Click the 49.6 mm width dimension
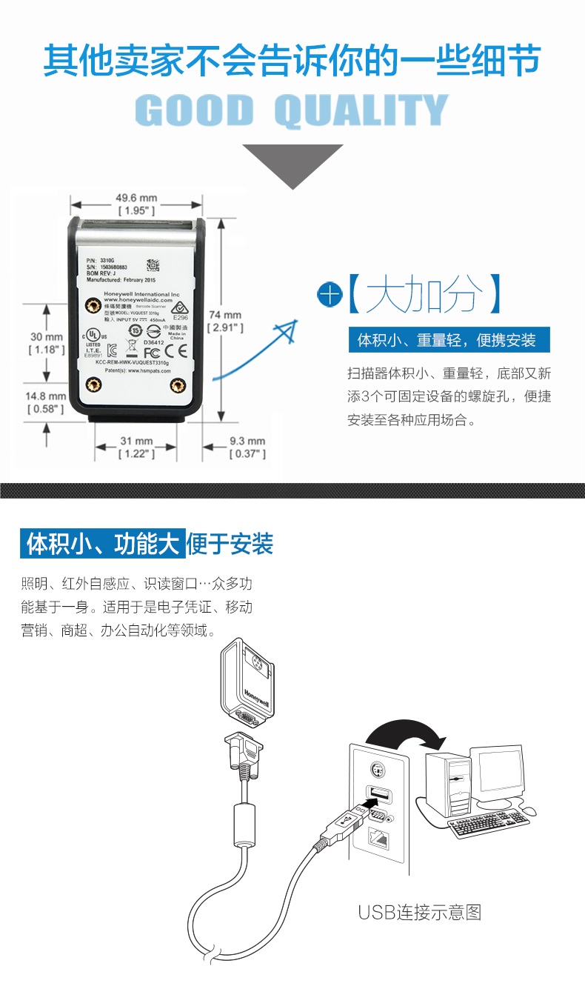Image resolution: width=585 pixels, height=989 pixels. [x=136, y=204]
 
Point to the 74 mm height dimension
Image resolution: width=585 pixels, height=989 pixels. [x=224, y=320]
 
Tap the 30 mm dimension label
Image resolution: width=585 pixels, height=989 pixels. [x=46, y=342]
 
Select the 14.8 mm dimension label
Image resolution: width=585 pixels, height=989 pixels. [x=46, y=402]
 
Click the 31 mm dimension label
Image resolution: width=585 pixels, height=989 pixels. [x=136, y=447]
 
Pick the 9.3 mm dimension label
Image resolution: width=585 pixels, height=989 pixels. [x=247, y=447]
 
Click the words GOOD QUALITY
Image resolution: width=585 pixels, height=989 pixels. [x=292, y=111]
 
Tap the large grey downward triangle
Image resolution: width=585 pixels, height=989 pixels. [x=292, y=163]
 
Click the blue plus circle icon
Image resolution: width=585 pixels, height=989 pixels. [x=330, y=294]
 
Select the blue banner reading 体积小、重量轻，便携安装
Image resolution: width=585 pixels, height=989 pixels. [x=451, y=340]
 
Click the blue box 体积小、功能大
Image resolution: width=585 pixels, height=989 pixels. [x=101, y=545]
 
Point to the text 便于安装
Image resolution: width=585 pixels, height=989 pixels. [x=230, y=545]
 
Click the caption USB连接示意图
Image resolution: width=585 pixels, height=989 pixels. [x=420, y=912]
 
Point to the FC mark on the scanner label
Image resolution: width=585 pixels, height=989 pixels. [x=152, y=353]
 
